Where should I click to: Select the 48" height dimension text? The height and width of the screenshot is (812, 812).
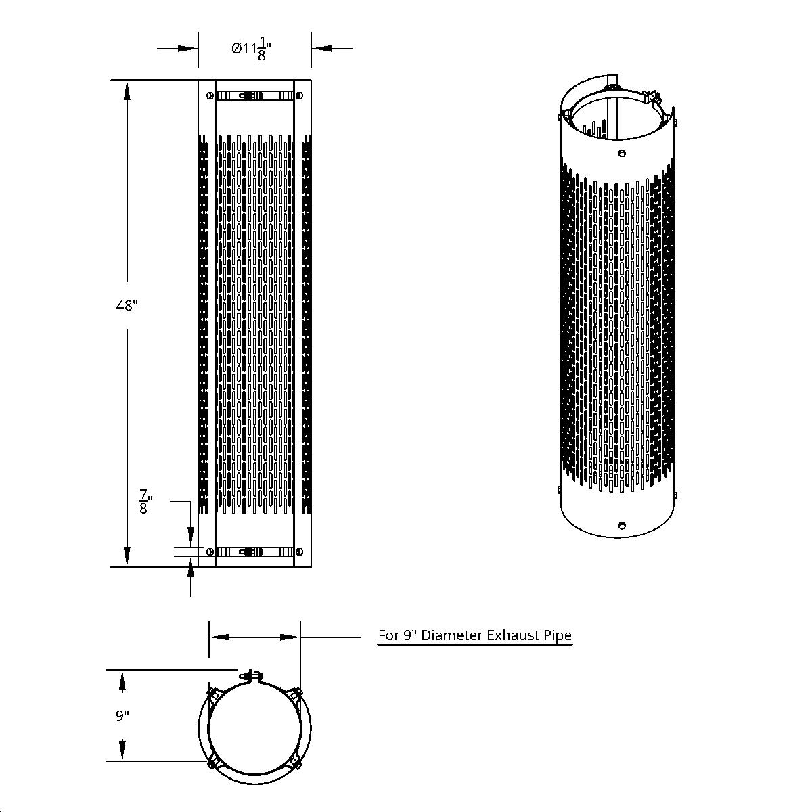[127, 306]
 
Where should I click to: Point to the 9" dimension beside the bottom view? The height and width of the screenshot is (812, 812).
[122, 716]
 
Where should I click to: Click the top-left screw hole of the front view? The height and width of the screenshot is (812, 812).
[210, 96]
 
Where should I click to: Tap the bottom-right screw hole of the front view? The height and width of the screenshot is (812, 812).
[298, 551]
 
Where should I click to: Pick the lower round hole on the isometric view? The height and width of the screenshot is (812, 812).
[621, 524]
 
